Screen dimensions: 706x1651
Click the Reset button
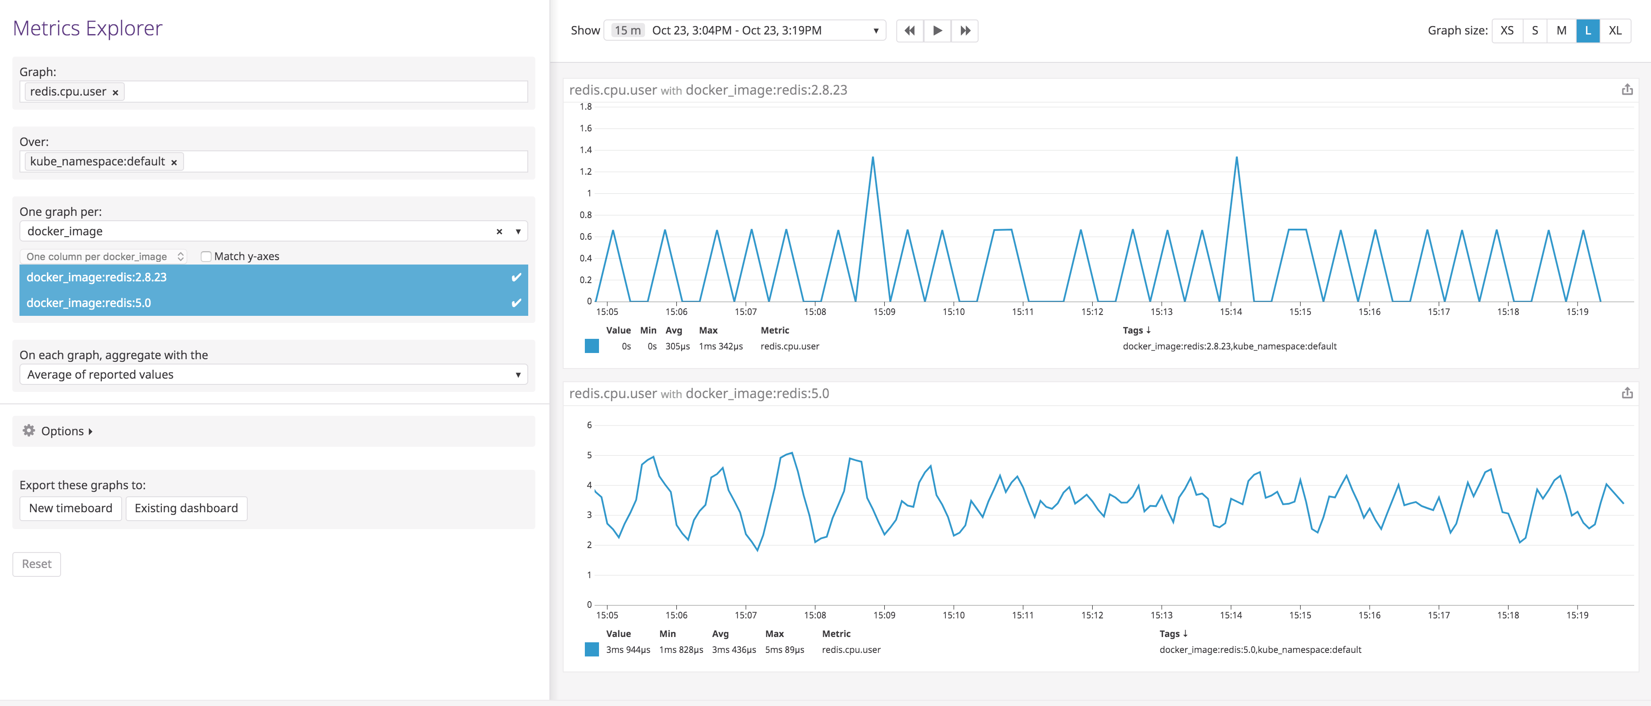pos(37,564)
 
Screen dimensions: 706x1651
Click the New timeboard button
pos(70,508)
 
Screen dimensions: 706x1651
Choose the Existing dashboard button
pos(186,508)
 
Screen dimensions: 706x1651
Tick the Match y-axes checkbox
pos(206,256)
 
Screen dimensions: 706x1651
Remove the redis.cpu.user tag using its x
pos(115,92)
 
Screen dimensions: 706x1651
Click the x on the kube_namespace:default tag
pos(174,162)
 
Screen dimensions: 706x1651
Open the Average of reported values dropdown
pos(273,374)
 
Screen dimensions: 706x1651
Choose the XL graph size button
pos(1614,30)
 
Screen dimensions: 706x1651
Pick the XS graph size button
pos(1507,30)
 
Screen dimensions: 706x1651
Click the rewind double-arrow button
pos(909,30)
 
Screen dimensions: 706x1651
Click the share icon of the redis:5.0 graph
pos(1627,393)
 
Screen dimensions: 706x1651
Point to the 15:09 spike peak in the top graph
pos(872,157)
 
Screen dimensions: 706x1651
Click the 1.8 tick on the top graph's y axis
pos(585,106)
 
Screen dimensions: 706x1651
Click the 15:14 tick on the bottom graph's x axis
pos(1231,615)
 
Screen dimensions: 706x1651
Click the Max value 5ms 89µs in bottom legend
pos(784,650)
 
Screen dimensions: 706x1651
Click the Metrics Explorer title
pos(88,28)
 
